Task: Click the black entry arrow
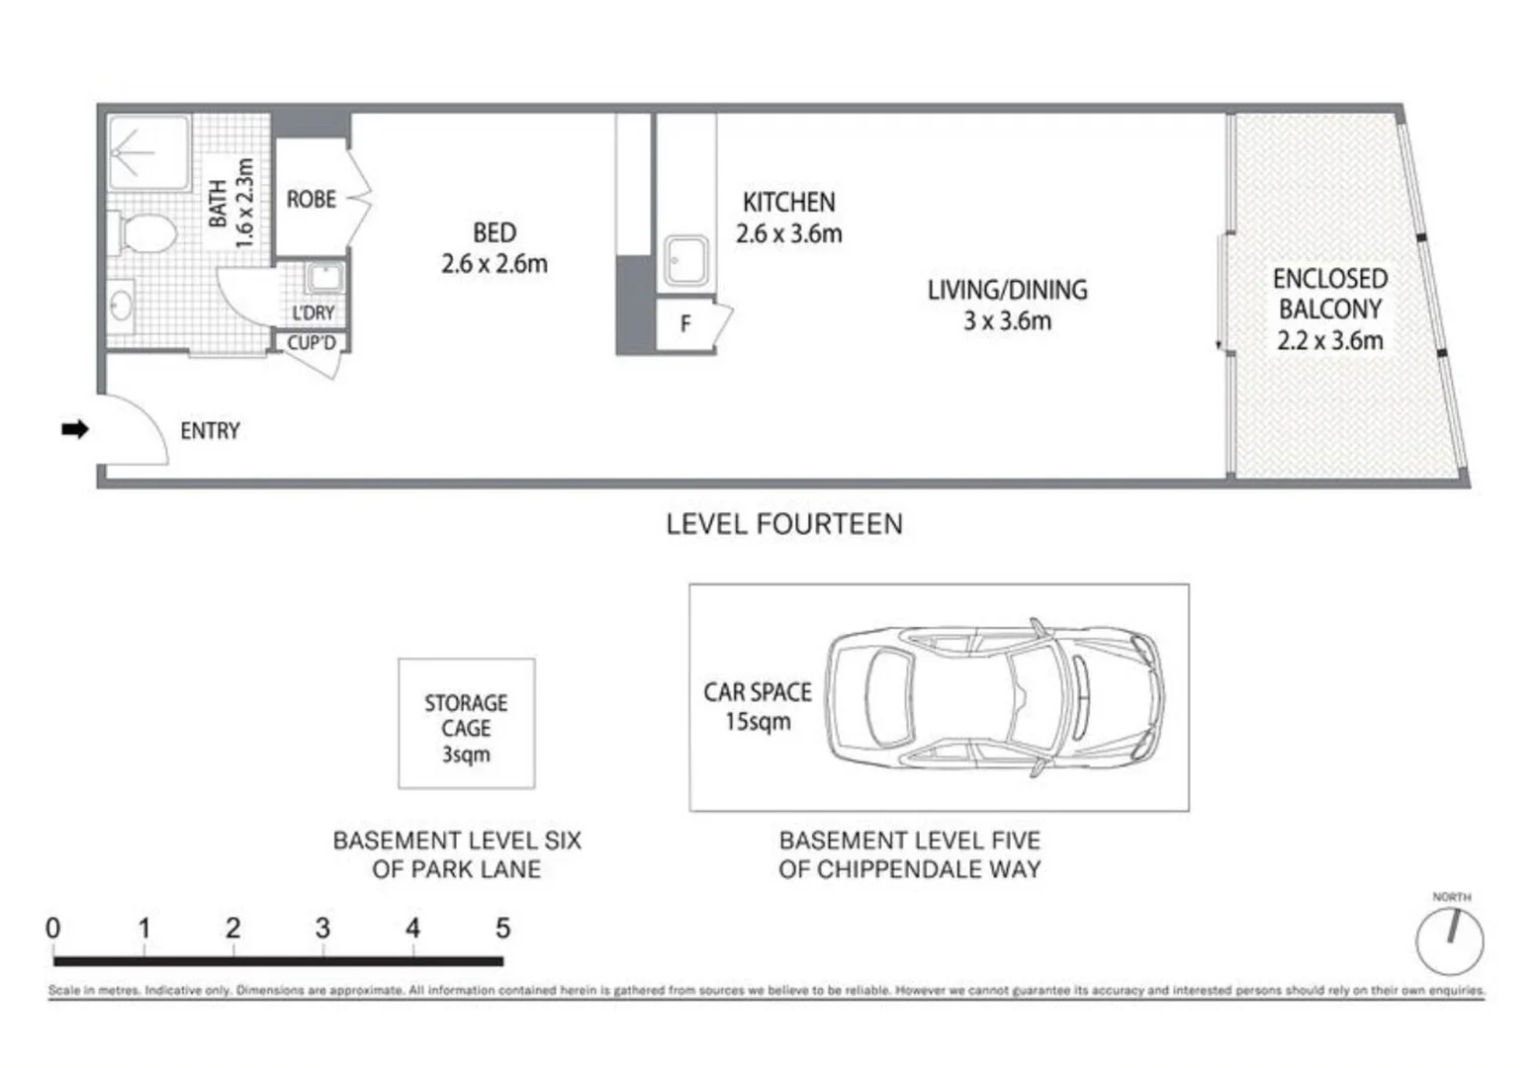[x=75, y=429]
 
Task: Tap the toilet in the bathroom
[x=146, y=235]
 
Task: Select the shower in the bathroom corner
[x=148, y=153]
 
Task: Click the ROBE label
[x=311, y=200]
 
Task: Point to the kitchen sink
[x=684, y=260]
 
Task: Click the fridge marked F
[x=685, y=323]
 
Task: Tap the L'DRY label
[x=313, y=312]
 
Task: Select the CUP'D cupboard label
[x=312, y=343]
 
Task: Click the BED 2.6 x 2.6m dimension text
[x=495, y=264]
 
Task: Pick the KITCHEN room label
[x=788, y=203]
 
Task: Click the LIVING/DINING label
[x=1007, y=290]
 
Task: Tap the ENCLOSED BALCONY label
[x=1329, y=294]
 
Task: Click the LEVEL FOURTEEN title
[x=783, y=524]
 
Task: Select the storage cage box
[x=466, y=724]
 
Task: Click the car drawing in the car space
[x=994, y=696]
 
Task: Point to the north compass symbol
[x=1449, y=940]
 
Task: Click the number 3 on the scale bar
[x=322, y=929]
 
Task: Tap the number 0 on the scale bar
[x=53, y=929]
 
